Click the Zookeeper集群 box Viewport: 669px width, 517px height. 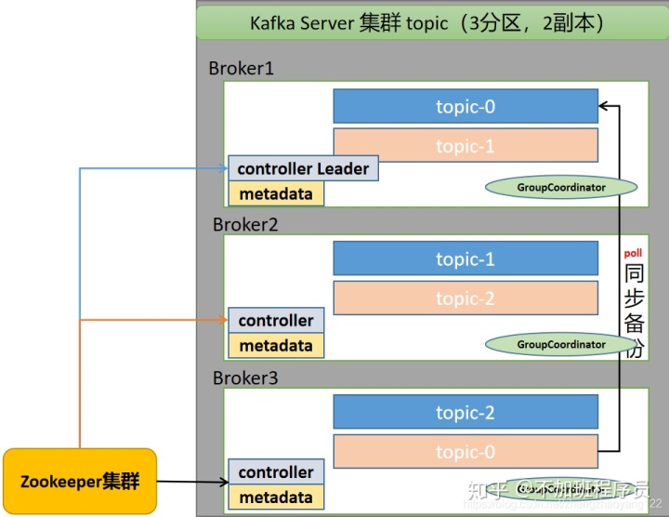(80, 482)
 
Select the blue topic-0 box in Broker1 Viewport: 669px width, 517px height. (466, 107)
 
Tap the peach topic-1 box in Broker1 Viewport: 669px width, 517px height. (466, 146)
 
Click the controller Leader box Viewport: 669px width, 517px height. (303, 168)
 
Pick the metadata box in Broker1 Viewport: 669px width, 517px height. (276, 193)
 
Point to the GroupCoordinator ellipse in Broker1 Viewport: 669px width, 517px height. (561, 188)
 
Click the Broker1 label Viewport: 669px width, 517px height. (242, 69)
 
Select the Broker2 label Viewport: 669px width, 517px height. (245, 224)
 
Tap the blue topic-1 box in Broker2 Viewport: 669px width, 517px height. (466, 259)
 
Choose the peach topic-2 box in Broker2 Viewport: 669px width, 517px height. (466, 298)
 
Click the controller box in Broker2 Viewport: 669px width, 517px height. (276, 321)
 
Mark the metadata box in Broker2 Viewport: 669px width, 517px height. (276, 346)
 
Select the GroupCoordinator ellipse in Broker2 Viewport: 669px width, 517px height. (561, 344)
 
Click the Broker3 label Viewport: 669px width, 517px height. (245, 378)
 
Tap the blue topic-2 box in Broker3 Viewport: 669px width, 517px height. (466, 413)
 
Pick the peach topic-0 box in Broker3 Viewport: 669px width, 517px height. (466, 452)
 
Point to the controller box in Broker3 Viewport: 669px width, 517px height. (276, 472)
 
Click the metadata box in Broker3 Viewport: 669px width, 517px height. (276, 497)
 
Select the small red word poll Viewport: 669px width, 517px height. (633, 253)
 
